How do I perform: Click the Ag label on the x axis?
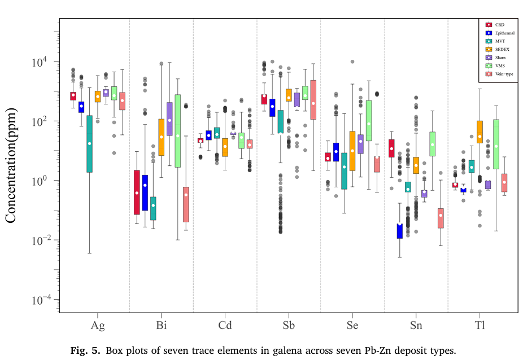point(98,326)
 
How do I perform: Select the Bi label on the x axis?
point(162,326)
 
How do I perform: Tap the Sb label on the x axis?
point(289,326)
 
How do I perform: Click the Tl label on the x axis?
point(480,326)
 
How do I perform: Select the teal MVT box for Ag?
point(89,144)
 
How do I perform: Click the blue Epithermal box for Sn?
point(399,231)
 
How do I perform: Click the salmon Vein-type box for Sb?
point(313,99)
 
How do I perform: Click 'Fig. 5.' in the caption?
point(86,350)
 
